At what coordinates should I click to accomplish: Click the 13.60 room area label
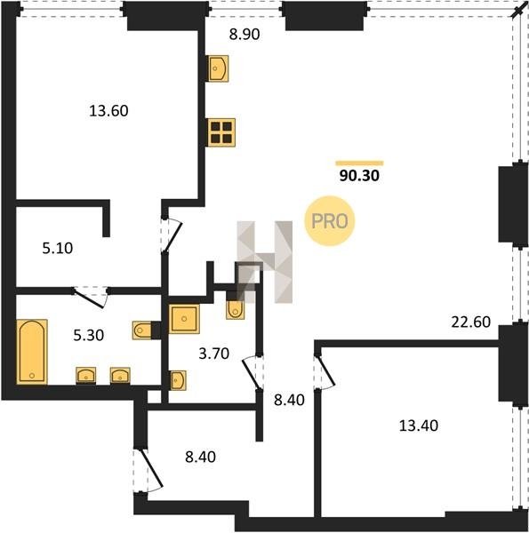(x=108, y=111)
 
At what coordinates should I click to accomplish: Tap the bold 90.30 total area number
(x=359, y=176)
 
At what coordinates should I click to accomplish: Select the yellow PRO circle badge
(x=330, y=221)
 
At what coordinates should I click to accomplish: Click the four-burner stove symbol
(x=221, y=132)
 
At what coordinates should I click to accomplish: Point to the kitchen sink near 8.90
(x=218, y=68)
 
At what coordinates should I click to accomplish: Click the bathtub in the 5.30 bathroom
(x=32, y=352)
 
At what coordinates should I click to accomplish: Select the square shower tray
(x=184, y=319)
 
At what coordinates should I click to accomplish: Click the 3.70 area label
(x=214, y=354)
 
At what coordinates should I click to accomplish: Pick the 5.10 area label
(x=58, y=248)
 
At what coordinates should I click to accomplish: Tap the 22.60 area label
(x=471, y=322)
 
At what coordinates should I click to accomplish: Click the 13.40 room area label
(x=419, y=426)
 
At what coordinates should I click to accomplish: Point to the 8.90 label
(x=244, y=35)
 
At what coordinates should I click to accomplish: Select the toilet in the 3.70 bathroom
(x=235, y=309)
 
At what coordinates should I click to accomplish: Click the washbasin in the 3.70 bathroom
(x=178, y=379)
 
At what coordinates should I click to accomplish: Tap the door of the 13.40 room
(x=326, y=371)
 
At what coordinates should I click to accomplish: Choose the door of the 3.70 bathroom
(x=251, y=372)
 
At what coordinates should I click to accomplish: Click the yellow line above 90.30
(x=359, y=163)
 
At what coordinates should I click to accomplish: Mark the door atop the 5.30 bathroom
(x=91, y=297)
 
